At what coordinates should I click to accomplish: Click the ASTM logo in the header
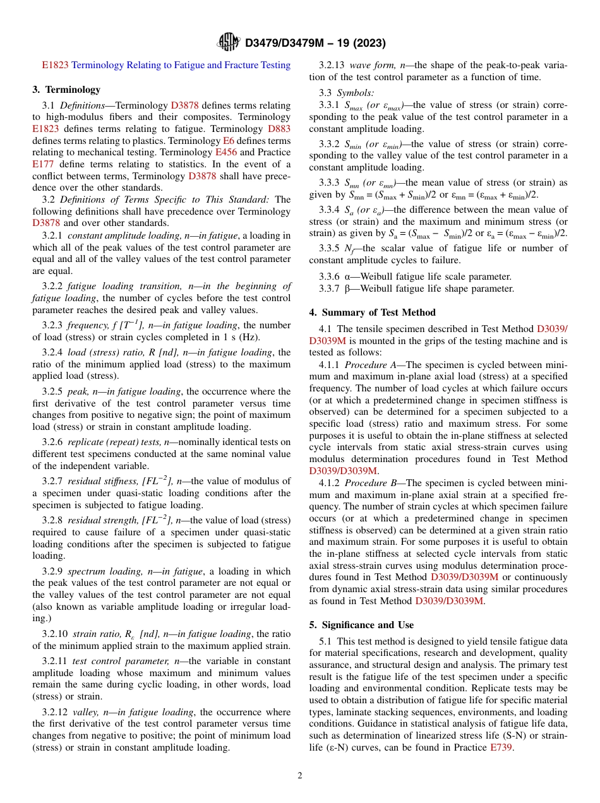228,42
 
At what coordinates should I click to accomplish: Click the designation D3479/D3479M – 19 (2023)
315,43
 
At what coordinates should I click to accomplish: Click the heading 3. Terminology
66,90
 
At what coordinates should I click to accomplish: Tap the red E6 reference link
229,141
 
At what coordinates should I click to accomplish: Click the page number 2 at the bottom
300,776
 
